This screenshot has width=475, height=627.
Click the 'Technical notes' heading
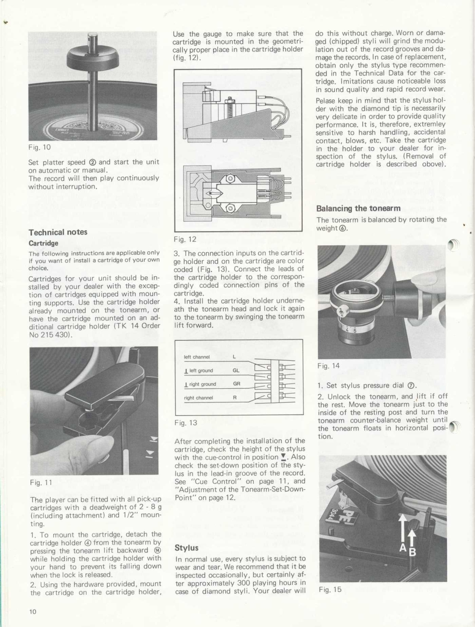pyautogui.click(x=58, y=232)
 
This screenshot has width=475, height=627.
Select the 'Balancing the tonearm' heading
pyautogui.click(x=358, y=208)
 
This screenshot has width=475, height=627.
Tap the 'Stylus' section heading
pyautogui.click(x=186, y=547)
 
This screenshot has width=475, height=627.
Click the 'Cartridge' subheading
pyautogui.click(x=43, y=243)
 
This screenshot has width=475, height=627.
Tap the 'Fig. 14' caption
pyautogui.click(x=329, y=366)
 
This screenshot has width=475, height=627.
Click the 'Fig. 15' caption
pyautogui.click(x=330, y=589)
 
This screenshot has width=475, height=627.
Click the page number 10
pyautogui.click(x=33, y=612)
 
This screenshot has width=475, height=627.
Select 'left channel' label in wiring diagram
pyautogui.click(x=197, y=357)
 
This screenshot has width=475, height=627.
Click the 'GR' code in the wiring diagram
pyautogui.click(x=236, y=384)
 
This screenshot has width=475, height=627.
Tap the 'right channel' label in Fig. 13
pyautogui.click(x=198, y=398)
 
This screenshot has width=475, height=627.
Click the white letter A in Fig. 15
pyautogui.click(x=403, y=549)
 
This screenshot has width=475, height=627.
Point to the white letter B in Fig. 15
pyautogui.click(x=412, y=553)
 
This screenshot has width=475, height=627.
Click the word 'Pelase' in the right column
pyautogui.click(x=326, y=100)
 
